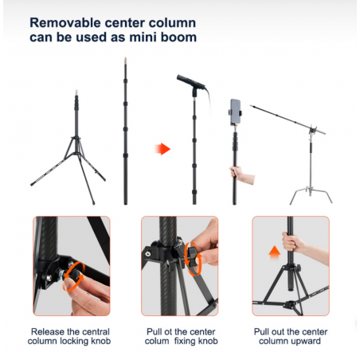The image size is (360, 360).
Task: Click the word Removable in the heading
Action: tap(65, 23)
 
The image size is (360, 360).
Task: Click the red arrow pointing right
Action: tap(162, 149)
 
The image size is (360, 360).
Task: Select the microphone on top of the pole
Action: tap(191, 82)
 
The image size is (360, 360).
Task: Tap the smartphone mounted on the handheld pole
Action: tap(235, 112)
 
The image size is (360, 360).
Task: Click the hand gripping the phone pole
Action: tap(241, 174)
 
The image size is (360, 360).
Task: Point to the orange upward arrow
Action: tap(275, 252)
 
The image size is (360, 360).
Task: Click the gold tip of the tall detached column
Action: tap(125, 59)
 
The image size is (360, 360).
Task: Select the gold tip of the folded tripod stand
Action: tap(76, 92)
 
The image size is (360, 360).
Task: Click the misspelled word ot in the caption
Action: tap(168, 331)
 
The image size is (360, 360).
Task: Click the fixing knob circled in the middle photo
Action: tap(192, 256)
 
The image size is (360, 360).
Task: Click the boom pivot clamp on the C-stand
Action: tap(313, 131)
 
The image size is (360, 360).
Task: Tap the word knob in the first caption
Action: tap(101, 341)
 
